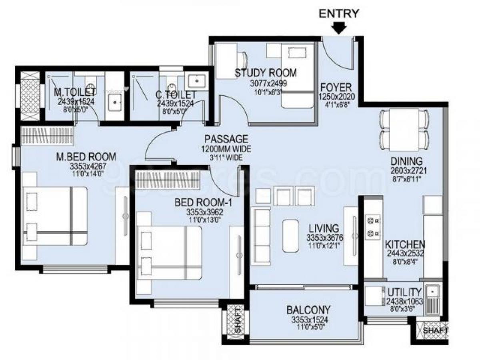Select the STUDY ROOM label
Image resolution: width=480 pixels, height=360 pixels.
266,73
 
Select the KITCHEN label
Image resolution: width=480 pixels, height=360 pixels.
405,244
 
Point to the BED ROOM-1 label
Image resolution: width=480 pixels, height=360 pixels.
204,203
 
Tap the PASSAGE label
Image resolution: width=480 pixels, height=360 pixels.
226,140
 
